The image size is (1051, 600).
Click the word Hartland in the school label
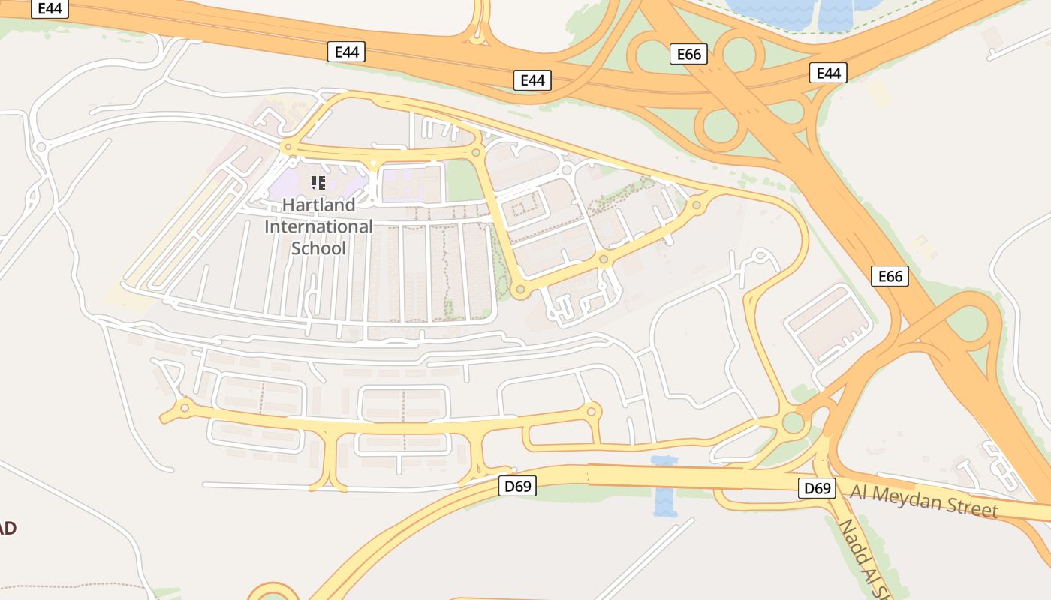click(318, 205)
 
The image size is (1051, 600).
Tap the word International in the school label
click(318, 226)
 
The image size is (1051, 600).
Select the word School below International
click(318, 248)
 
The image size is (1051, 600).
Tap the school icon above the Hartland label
click(318, 182)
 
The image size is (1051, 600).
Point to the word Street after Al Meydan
click(973, 508)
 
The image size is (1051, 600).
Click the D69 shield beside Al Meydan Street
click(818, 489)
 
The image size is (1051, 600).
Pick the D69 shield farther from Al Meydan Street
click(517, 487)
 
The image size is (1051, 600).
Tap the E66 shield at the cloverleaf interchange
click(688, 54)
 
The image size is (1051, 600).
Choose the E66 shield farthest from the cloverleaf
click(890, 276)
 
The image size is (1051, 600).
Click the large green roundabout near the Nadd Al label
click(793, 423)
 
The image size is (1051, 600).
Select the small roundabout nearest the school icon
click(286, 148)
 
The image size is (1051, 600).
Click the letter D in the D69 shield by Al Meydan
click(809, 489)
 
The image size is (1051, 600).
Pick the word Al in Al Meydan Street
click(860, 493)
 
